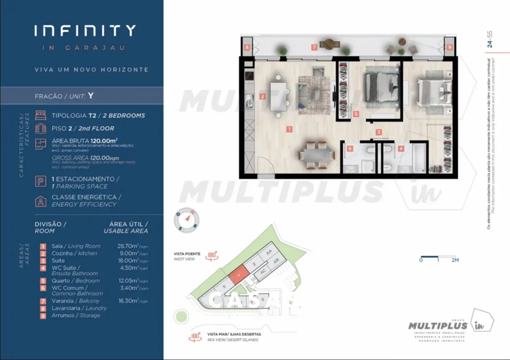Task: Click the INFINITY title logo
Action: (x=85, y=31)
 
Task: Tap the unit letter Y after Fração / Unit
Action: (x=91, y=95)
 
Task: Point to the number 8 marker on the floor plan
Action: (x=247, y=47)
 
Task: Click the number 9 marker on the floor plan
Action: (x=449, y=47)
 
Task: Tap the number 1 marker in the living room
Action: (x=289, y=129)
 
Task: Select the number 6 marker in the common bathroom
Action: (x=350, y=148)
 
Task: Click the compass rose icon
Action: (x=187, y=220)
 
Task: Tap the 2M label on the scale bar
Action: (x=454, y=260)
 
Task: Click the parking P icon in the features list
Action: (x=40, y=182)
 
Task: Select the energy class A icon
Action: (x=40, y=200)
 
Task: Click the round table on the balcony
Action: (x=329, y=44)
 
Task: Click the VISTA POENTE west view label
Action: (x=187, y=254)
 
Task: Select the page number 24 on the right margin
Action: (x=490, y=44)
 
